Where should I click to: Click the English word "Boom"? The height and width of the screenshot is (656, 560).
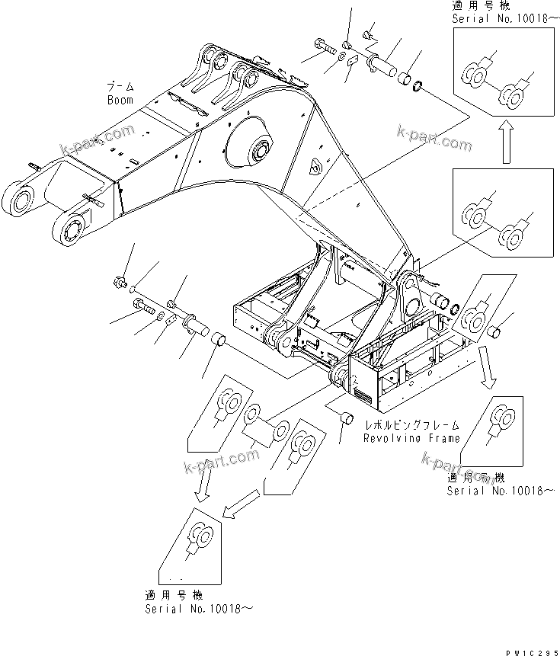click(120, 100)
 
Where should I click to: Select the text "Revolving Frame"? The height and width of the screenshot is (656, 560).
click(411, 438)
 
